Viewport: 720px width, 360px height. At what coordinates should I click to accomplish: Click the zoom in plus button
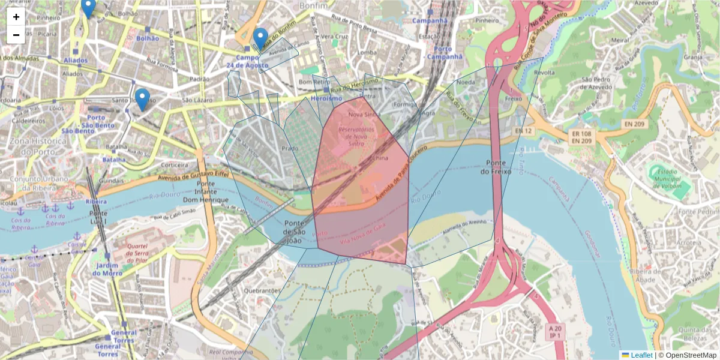(16, 17)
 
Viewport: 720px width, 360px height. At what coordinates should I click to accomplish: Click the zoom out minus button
(16, 35)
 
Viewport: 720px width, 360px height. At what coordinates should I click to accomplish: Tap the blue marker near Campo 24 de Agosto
(260, 38)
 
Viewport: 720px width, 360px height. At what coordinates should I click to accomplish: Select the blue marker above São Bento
(142, 99)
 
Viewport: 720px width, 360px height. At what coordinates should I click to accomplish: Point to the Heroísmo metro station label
(327, 98)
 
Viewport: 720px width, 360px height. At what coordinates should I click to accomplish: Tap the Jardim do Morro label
(107, 269)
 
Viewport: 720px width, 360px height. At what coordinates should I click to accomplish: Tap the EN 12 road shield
(523, 130)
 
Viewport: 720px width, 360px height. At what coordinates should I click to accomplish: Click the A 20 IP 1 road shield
(556, 332)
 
